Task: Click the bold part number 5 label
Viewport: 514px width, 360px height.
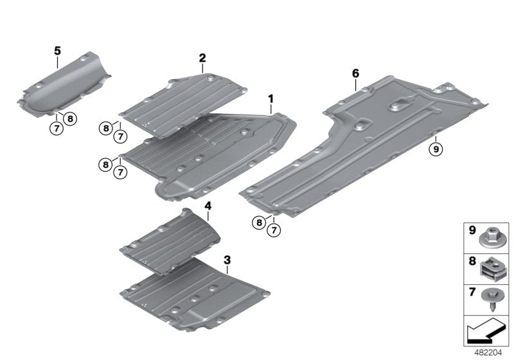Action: point(57,50)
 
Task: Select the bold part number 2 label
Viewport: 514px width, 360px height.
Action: point(202,58)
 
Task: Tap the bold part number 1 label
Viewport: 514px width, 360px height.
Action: point(271,99)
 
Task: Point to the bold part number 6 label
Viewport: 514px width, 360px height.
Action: point(355,73)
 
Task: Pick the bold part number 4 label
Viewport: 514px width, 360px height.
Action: point(208,205)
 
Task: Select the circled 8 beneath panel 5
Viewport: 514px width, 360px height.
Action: point(70,118)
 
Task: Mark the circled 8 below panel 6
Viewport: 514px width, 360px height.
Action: point(259,222)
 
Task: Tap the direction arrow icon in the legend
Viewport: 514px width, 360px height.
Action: point(485,332)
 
